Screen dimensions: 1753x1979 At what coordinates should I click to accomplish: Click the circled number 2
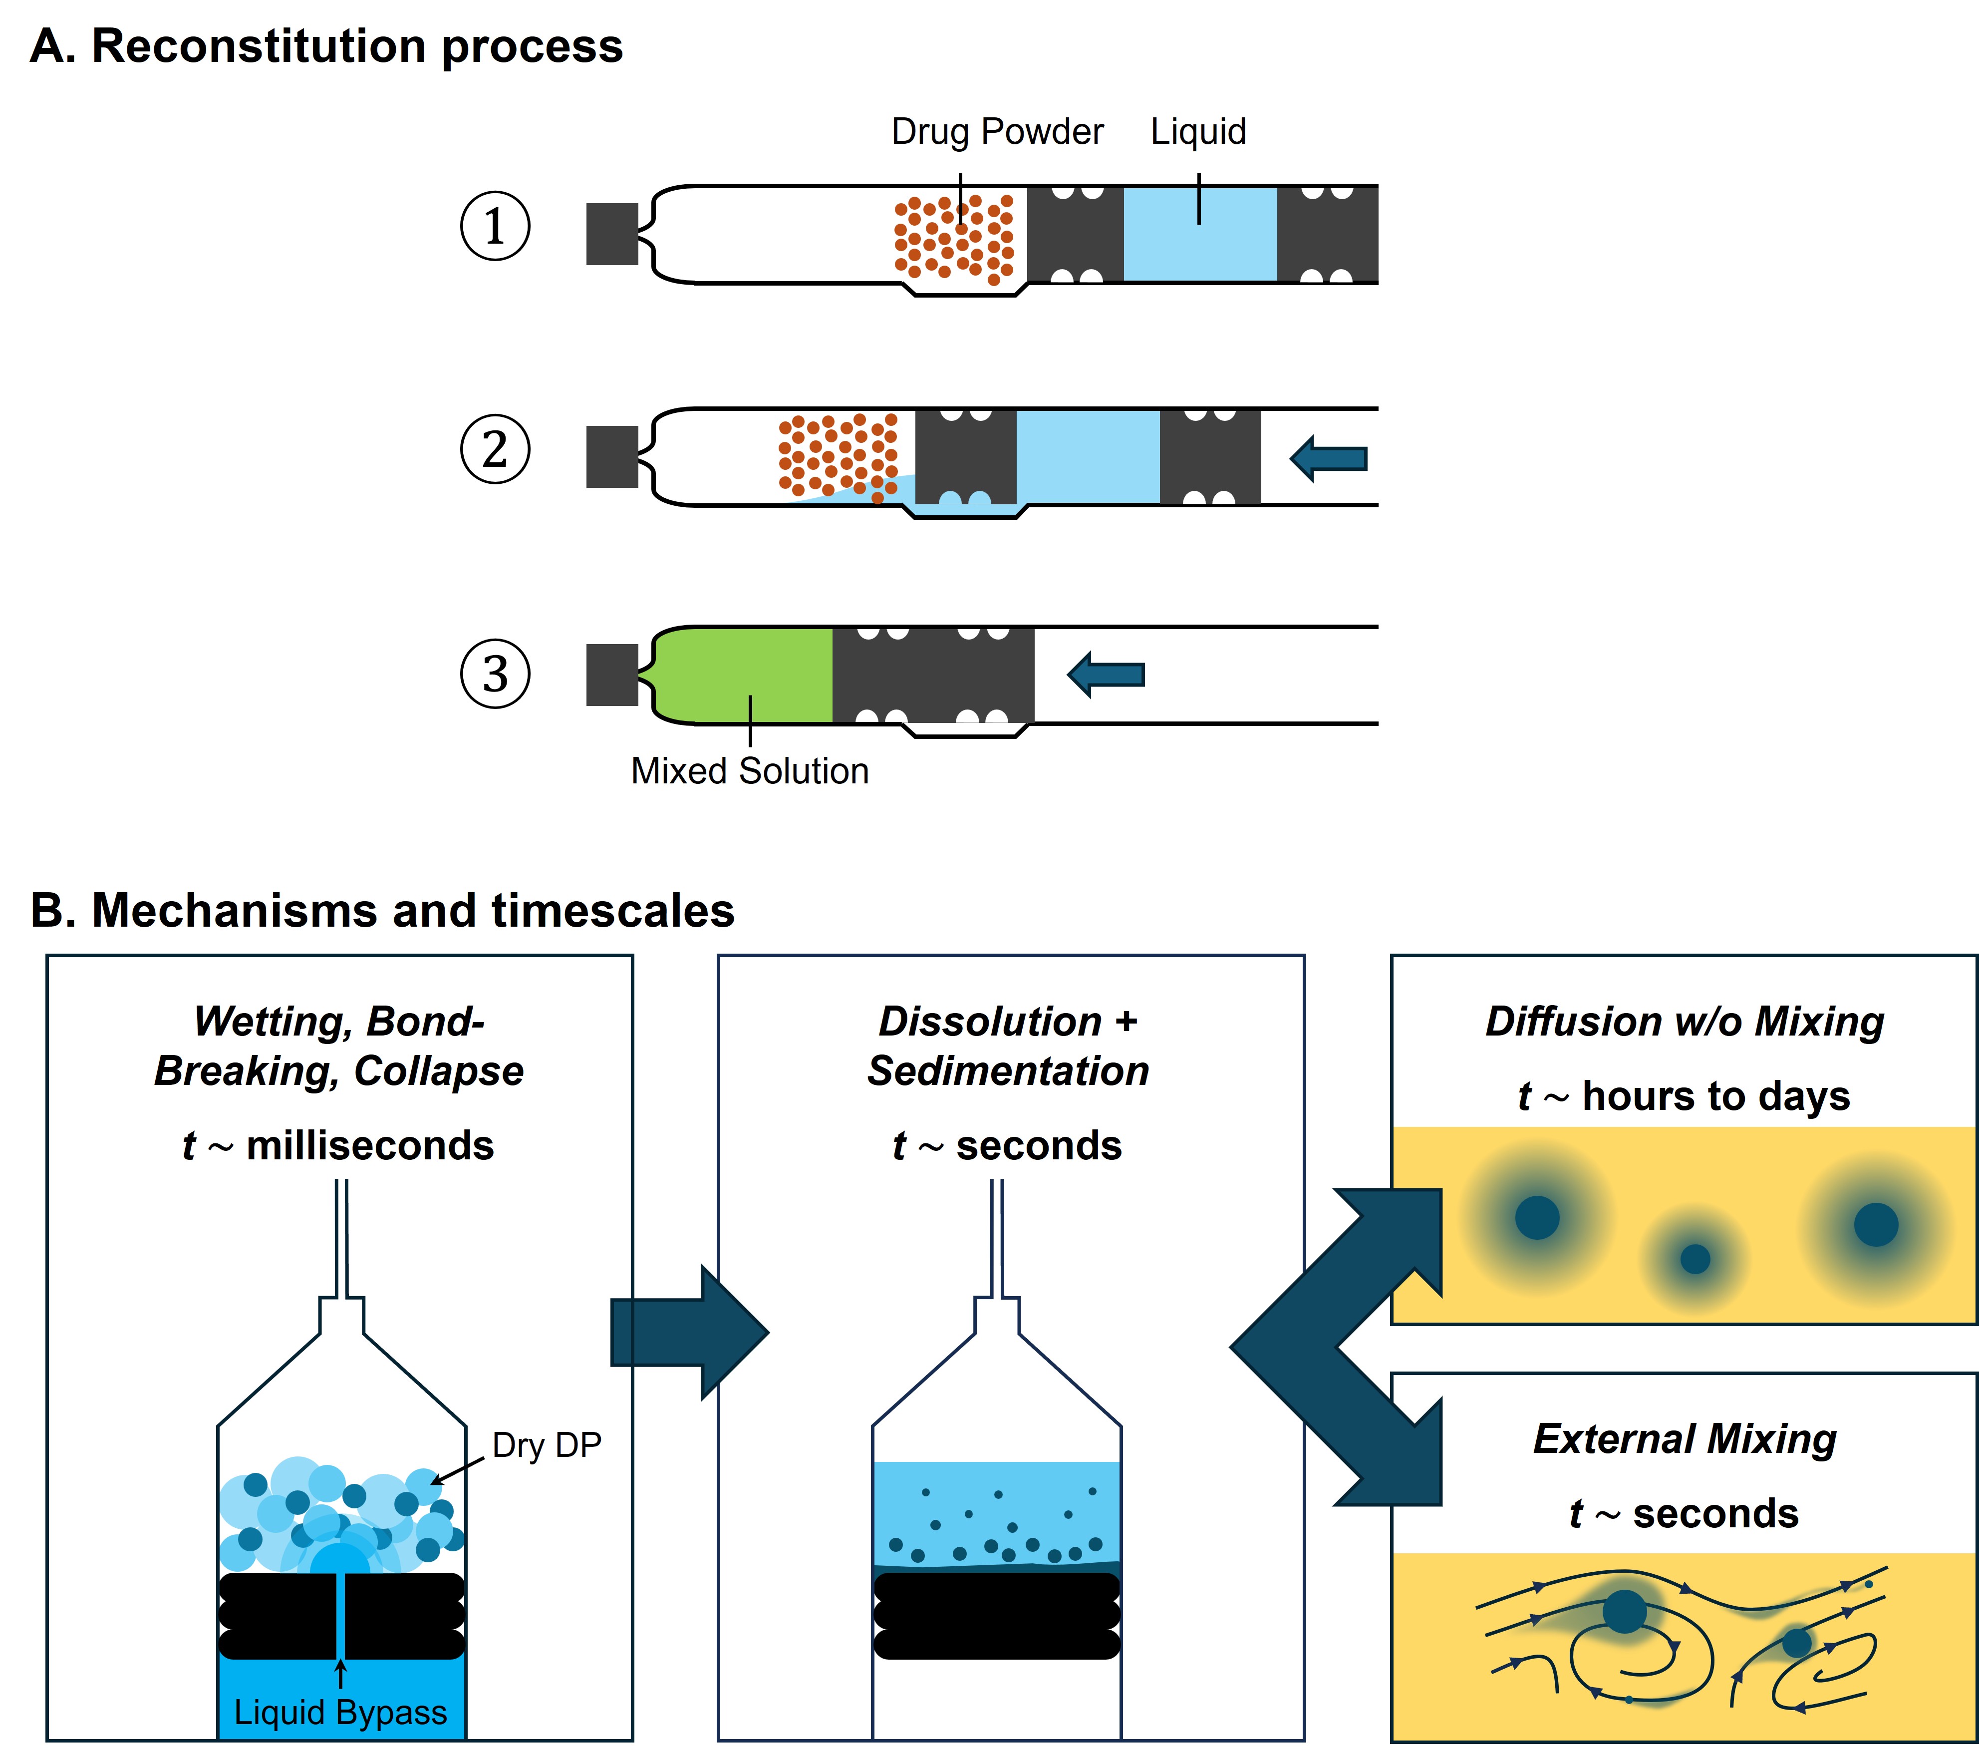tap(495, 449)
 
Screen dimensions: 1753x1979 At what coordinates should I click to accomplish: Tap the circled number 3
tap(495, 674)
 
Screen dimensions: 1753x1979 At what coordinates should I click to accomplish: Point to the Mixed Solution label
tap(749, 771)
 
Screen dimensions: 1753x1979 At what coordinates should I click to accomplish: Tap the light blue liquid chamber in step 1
tap(1199, 234)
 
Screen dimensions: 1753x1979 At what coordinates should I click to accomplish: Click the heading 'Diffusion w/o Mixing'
tap(1685, 1022)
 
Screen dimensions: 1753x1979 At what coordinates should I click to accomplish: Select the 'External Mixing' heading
tap(1685, 1439)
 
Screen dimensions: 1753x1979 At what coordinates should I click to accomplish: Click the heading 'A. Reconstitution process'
tap(326, 46)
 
